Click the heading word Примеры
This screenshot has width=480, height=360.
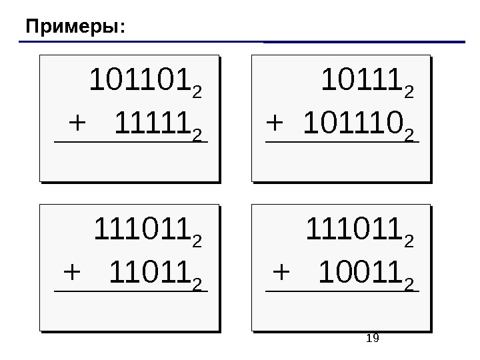(73, 27)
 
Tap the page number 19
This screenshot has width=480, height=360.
(373, 339)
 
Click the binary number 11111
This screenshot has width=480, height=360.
(153, 124)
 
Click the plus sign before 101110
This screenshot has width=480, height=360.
(275, 124)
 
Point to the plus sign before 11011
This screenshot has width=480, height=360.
(71, 273)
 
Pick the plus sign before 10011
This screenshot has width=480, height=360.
(283, 273)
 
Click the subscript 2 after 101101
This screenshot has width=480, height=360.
(196, 90)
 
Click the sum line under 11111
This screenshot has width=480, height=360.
(131, 141)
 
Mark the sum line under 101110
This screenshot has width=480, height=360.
(343, 141)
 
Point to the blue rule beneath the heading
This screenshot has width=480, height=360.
(240, 42)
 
